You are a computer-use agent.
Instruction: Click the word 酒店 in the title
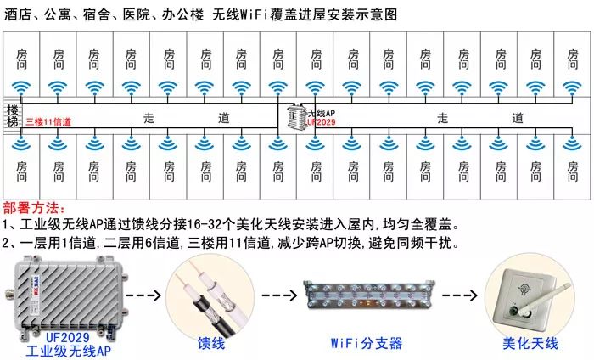coord(17,14)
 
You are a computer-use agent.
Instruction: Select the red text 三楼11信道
coord(48,122)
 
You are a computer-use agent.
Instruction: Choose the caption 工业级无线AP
coord(68,349)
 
